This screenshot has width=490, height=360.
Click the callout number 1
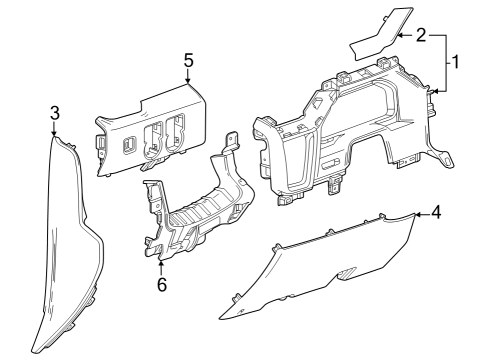click(454, 62)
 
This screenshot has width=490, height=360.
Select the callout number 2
click(421, 35)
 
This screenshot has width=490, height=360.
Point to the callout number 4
click(435, 213)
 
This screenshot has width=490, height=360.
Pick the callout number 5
click(188, 59)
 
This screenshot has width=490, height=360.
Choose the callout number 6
click(161, 284)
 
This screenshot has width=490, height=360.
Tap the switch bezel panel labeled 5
click(150, 125)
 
